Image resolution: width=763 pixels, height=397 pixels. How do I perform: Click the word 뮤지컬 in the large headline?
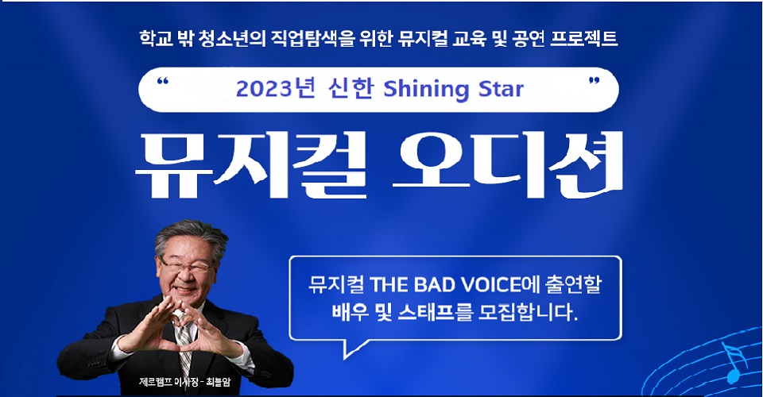[x=250, y=164]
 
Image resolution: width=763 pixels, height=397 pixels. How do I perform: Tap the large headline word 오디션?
[x=508, y=164]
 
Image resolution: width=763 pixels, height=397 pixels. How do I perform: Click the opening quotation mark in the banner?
[x=162, y=81]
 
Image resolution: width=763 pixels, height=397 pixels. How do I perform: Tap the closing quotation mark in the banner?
[x=595, y=81]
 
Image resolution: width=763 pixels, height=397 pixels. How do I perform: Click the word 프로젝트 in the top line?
[x=584, y=38]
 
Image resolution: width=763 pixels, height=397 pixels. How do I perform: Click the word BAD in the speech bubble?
[x=435, y=285]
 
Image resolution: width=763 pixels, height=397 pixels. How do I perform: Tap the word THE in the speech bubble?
[x=389, y=285]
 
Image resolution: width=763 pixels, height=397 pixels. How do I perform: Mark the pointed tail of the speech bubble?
[x=344, y=359]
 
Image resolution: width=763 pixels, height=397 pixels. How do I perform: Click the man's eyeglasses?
[x=186, y=265]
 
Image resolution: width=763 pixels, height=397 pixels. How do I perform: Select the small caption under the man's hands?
[x=184, y=381]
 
